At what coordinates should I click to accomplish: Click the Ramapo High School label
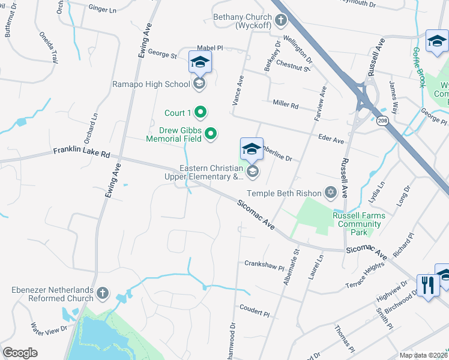[x=151, y=84]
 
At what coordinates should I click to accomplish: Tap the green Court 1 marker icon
[x=202, y=113]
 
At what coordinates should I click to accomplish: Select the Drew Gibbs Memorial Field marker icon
[x=211, y=134]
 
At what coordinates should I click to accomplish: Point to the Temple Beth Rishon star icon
[x=330, y=193]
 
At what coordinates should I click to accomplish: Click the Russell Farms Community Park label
[x=359, y=224]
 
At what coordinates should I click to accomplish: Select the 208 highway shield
[x=383, y=121]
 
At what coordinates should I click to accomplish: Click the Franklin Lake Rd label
[x=82, y=152]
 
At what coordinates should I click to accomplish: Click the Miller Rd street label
[x=286, y=104]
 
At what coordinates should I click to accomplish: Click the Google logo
[x=20, y=353]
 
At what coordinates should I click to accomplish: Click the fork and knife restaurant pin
[x=428, y=284]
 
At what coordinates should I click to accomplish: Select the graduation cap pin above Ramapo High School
[x=200, y=62]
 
